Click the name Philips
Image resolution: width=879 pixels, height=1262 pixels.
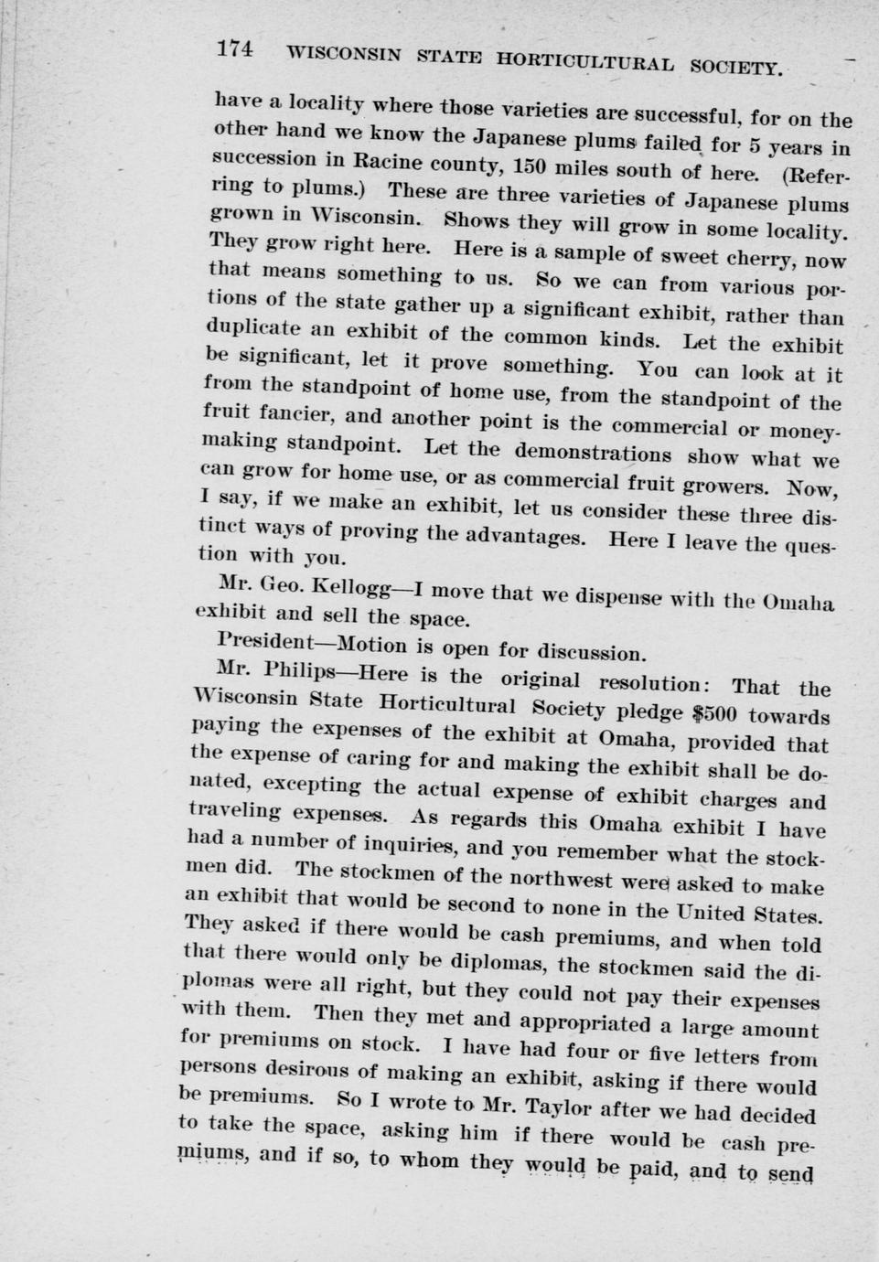click(x=296, y=673)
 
